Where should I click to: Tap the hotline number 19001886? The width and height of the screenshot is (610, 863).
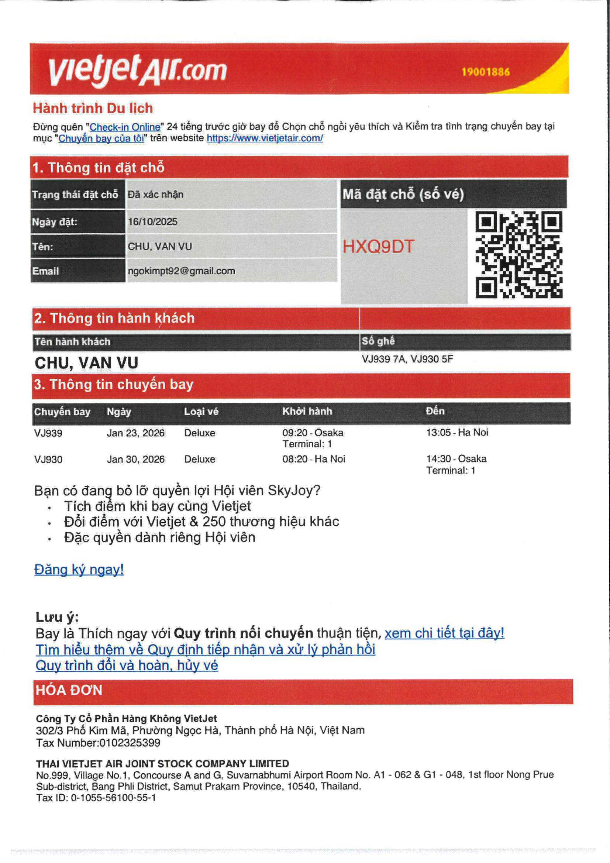pos(485,72)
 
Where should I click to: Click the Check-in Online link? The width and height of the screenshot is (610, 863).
pos(125,127)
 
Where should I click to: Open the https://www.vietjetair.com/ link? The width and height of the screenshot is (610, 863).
pos(265,138)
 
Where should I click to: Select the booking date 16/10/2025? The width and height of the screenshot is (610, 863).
pos(153,222)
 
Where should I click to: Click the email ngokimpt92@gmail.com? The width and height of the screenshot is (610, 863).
pos(181,271)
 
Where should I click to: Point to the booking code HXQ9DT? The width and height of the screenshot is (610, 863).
pos(378,247)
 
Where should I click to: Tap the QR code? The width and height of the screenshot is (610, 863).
pos(519,255)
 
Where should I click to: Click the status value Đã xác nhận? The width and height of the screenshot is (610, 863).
pos(156,194)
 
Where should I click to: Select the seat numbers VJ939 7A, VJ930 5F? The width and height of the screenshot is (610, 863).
pos(407,359)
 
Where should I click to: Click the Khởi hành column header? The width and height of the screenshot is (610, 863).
pos(307,411)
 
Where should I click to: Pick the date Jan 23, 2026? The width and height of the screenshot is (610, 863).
pos(136,433)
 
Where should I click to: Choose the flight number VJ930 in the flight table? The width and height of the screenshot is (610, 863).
pos(48,459)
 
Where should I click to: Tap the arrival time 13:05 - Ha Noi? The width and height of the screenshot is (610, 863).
pos(456,432)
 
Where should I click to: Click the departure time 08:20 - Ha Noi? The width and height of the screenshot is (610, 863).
pos(313,459)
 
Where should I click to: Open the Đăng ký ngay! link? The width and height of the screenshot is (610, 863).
pos(79,570)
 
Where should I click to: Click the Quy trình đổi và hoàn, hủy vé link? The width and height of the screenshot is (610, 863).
pos(127,665)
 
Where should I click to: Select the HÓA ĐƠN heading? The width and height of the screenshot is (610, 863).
pos(69,690)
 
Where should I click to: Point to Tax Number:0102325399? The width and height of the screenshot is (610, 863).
pos(98,743)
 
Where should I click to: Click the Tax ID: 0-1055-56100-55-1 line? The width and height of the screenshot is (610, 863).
pos(96,798)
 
